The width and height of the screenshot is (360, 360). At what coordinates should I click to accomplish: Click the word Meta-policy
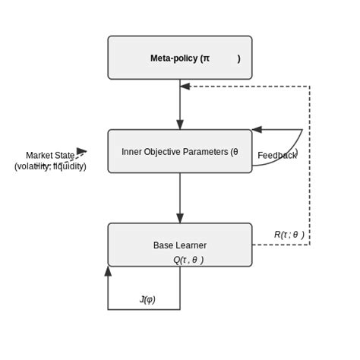click(x=175, y=58)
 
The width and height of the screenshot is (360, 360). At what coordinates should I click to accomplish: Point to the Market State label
click(x=50, y=156)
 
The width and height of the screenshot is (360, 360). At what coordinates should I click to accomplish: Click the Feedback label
click(x=276, y=156)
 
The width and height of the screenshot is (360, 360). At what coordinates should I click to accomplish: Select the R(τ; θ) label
click(x=289, y=235)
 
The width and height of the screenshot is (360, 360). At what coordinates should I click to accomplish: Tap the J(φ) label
click(x=147, y=299)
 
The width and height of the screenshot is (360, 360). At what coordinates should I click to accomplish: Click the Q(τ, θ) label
click(x=188, y=260)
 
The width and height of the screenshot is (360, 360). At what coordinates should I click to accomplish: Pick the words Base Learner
click(x=179, y=245)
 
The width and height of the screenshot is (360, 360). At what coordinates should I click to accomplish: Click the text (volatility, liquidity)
click(x=50, y=166)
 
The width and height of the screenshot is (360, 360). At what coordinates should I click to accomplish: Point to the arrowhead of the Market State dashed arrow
click(x=82, y=152)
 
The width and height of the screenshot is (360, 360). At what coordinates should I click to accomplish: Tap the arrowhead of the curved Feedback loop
click(x=257, y=129)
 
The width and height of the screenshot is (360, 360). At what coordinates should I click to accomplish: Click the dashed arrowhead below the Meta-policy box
click(x=185, y=86)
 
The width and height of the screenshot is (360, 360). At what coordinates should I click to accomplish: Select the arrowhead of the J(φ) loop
click(x=108, y=271)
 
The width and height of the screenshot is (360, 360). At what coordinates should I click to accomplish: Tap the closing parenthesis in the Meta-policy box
click(x=238, y=58)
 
